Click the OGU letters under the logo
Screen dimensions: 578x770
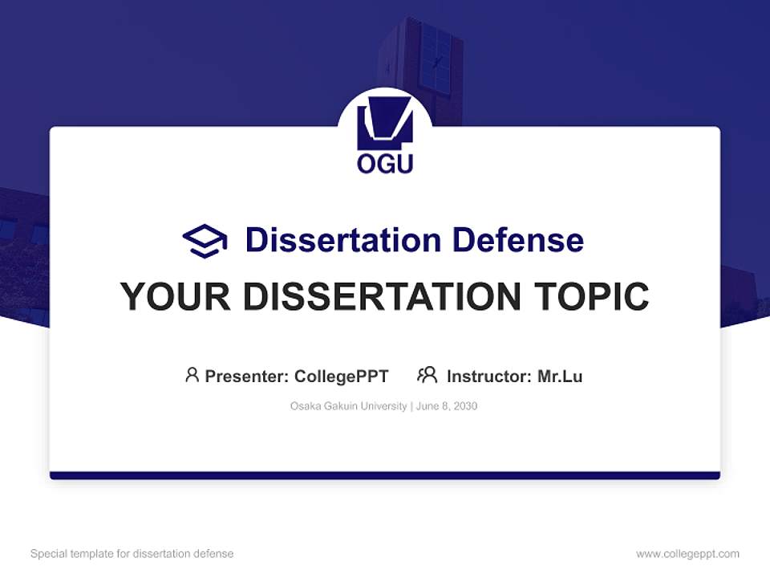click(385, 164)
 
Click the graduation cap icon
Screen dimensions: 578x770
click(205, 240)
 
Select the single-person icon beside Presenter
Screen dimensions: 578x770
click(192, 375)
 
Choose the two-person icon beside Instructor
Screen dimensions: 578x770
click(427, 375)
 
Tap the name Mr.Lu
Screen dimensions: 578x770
click(560, 377)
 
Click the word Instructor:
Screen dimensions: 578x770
click(489, 377)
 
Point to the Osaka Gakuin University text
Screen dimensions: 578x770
click(348, 406)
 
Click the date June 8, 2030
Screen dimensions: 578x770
click(447, 406)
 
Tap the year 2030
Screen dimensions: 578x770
click(465, 406)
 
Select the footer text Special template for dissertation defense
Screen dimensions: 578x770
click(132, 554)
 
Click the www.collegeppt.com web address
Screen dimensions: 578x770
click(687, 554)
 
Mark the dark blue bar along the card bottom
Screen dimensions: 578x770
click(385, 475)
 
